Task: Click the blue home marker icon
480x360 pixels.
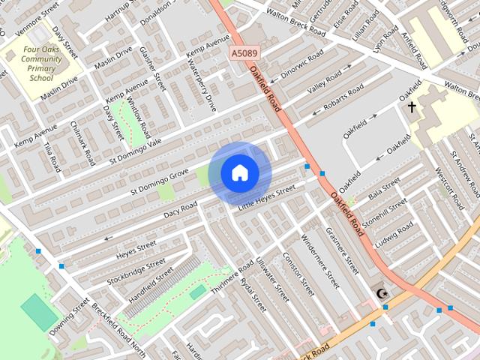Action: coord(240,173)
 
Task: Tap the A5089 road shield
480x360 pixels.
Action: coord(244,53)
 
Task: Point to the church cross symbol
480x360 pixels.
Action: coord(411,107)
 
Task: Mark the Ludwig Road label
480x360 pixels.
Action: coord(395,236)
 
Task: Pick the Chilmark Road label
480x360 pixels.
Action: coord(82,143)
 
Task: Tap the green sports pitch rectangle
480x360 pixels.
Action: coord(39,312)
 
